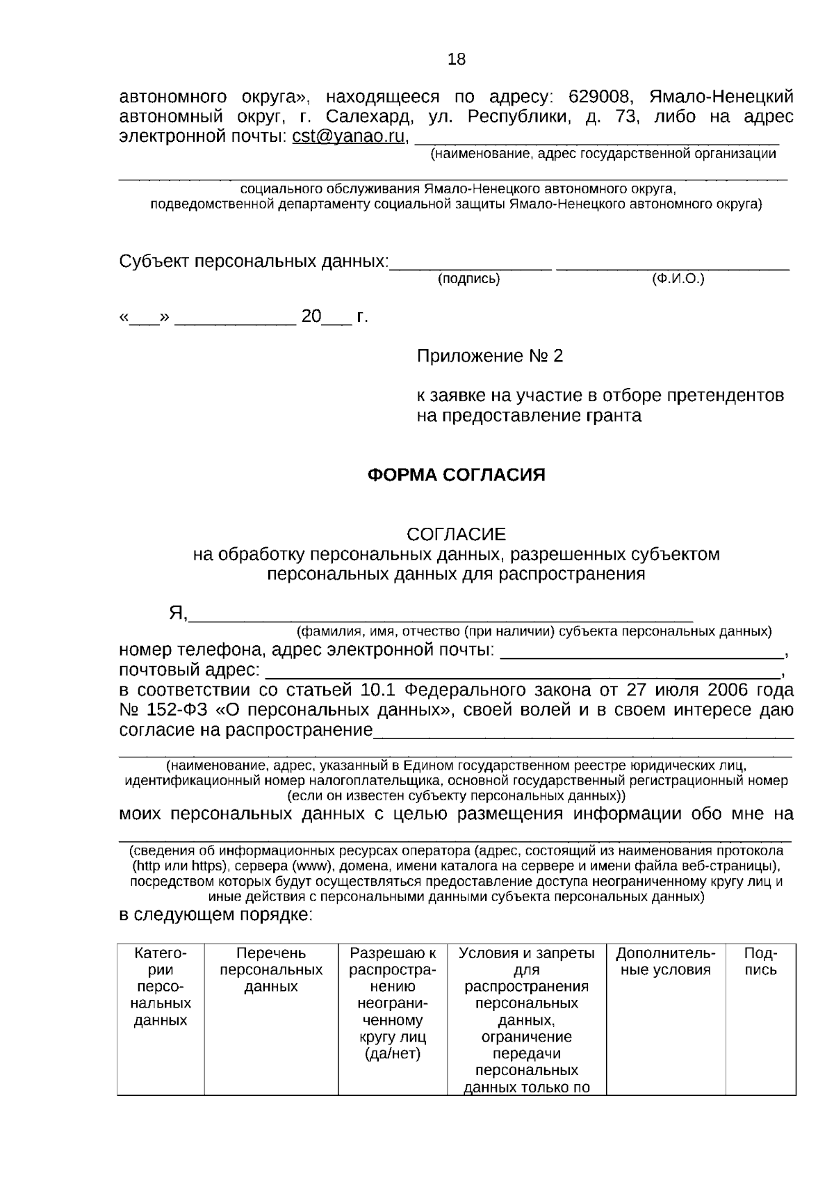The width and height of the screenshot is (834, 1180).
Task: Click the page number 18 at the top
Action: point(457,60)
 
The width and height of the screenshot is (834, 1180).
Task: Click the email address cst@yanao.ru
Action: point(347,136)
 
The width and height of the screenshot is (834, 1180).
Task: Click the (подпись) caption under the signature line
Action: point(468,280)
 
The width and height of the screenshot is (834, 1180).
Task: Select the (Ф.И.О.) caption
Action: point(678,280)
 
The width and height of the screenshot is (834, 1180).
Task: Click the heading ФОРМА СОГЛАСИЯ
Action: point(456,475)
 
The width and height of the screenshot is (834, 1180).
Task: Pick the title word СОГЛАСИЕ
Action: point(456,534)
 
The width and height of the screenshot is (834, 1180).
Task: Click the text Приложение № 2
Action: point(490,357)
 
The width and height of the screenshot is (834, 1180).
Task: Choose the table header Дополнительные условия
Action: point(665,962)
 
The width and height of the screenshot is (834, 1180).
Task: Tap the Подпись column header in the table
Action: point(760,962)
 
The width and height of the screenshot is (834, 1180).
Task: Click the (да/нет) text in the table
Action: point(393,1054)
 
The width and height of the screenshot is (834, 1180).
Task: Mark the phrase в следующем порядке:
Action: point(216,914)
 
